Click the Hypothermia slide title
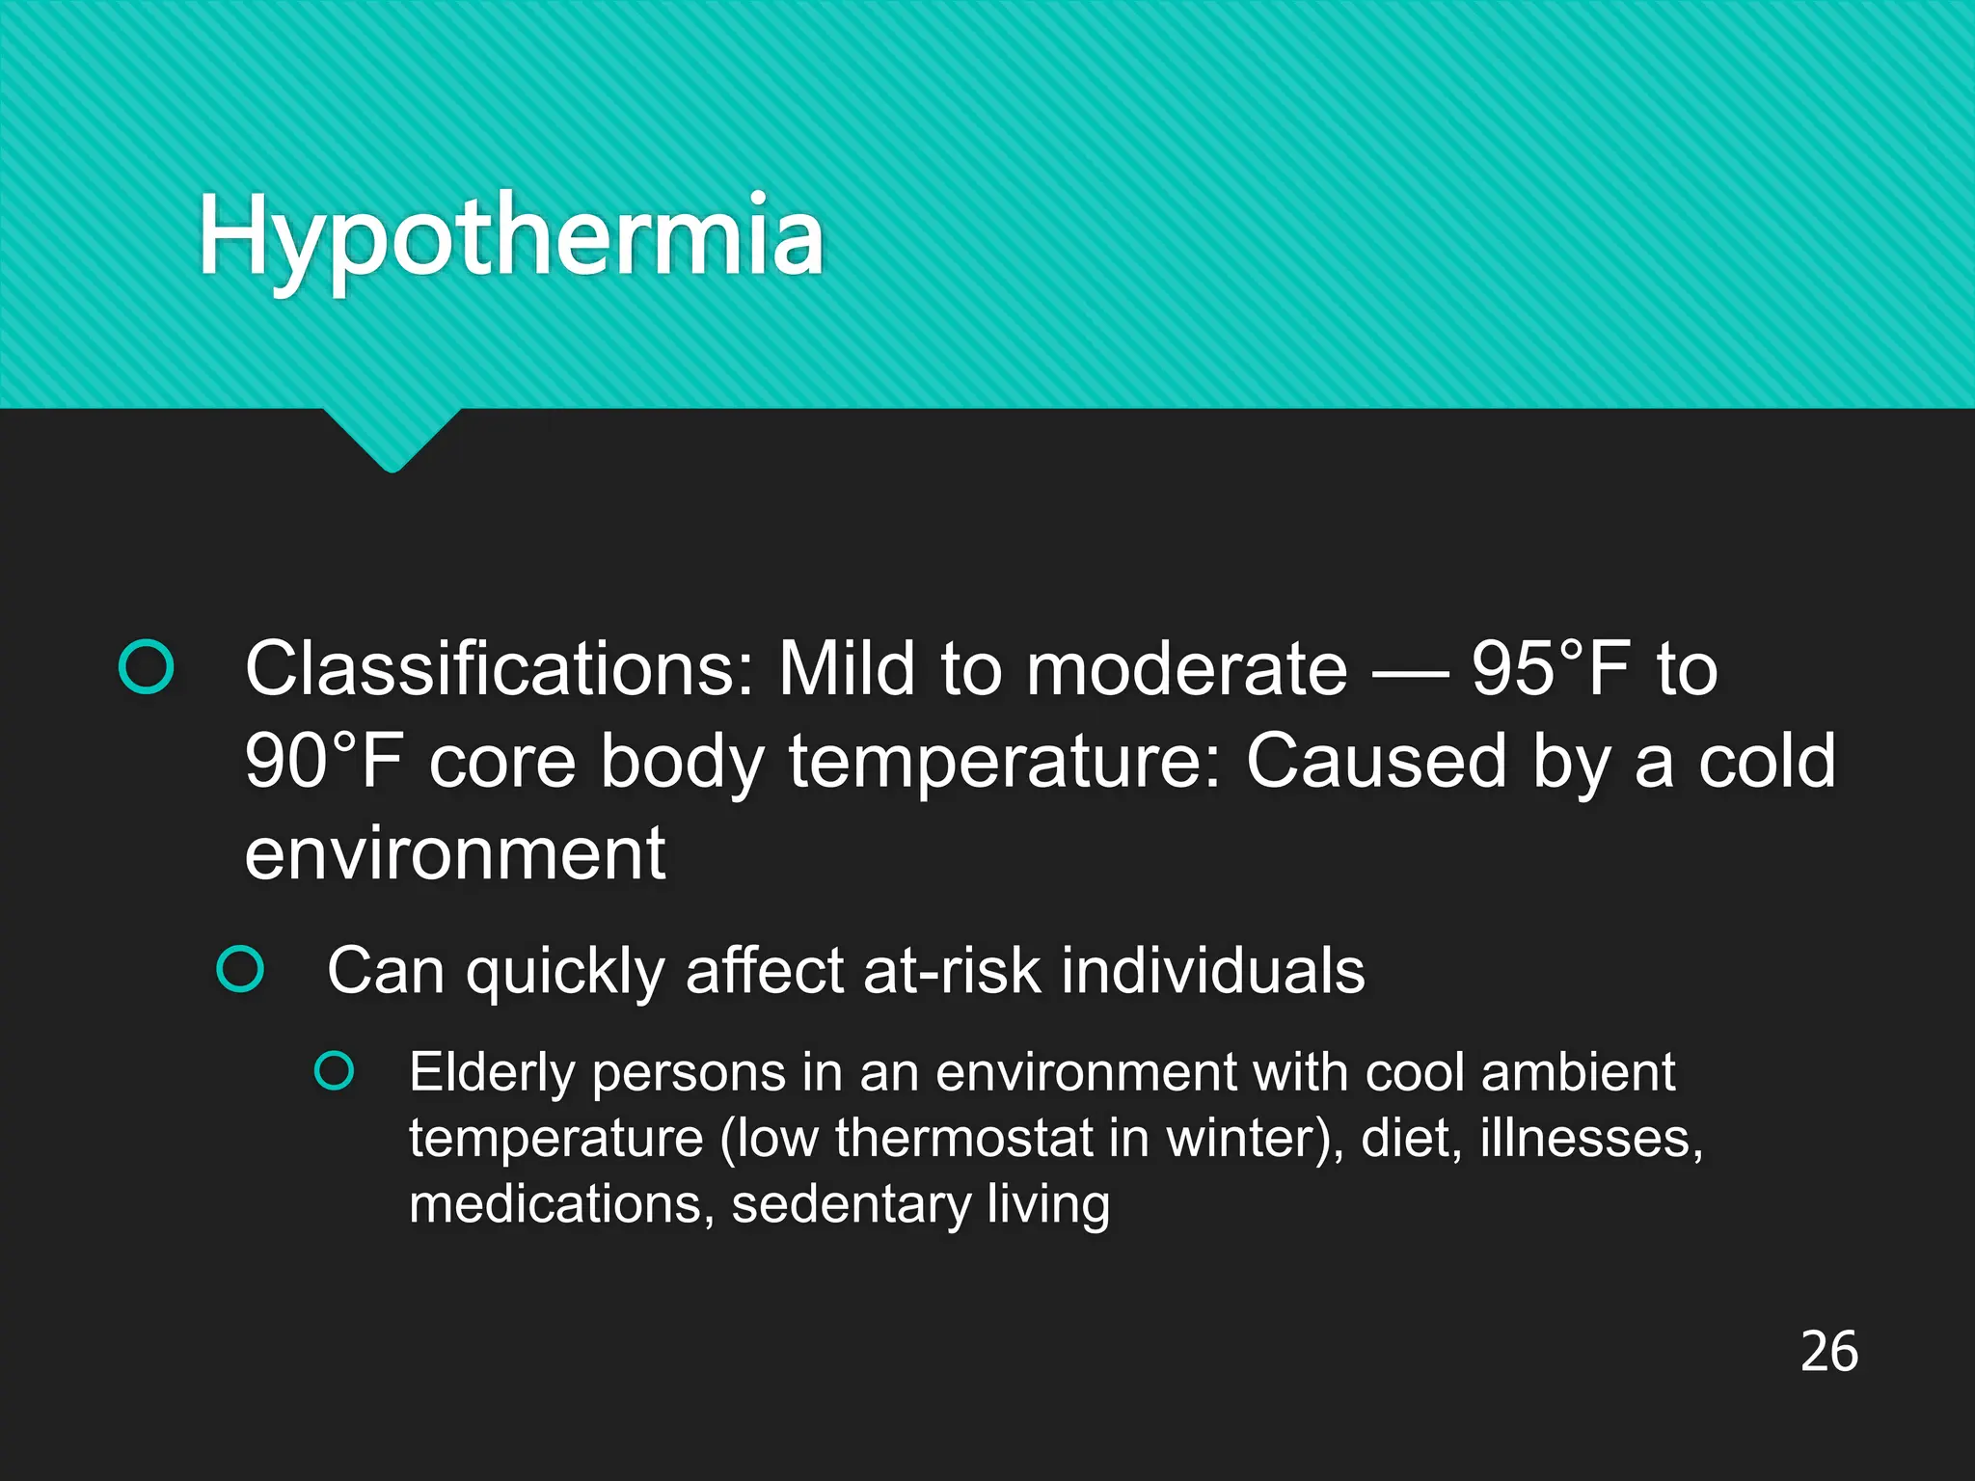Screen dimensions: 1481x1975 click(x=511, y=236)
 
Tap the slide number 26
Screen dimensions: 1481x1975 click(x=1828, y=1351)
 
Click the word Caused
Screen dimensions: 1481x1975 click(x=1375, y=761)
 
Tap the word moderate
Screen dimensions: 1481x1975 click(x=1186, y=668)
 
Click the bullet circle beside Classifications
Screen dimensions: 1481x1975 click(x=146, y=667)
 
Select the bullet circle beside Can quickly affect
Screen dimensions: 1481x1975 click(x=240, y=968)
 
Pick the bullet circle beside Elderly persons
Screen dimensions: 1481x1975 click(x=335, y=1071)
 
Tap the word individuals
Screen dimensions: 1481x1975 click(x=1213, y=970)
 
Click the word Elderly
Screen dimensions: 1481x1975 click(x=492, y=1072)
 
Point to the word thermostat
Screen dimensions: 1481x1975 click(x=964, y=1138)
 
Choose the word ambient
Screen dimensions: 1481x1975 click(x=1578, y=1072)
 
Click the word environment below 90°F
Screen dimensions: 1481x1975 click(x=454, y=853)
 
